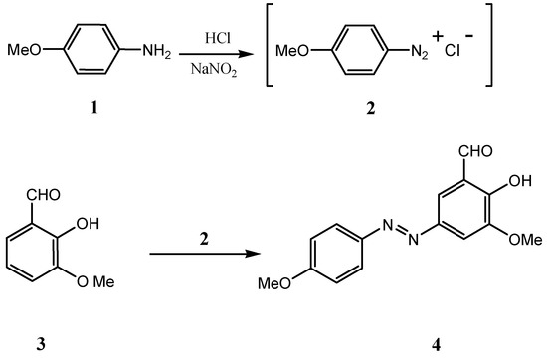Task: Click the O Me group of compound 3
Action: pyautogui.click(x=95, y=281)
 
